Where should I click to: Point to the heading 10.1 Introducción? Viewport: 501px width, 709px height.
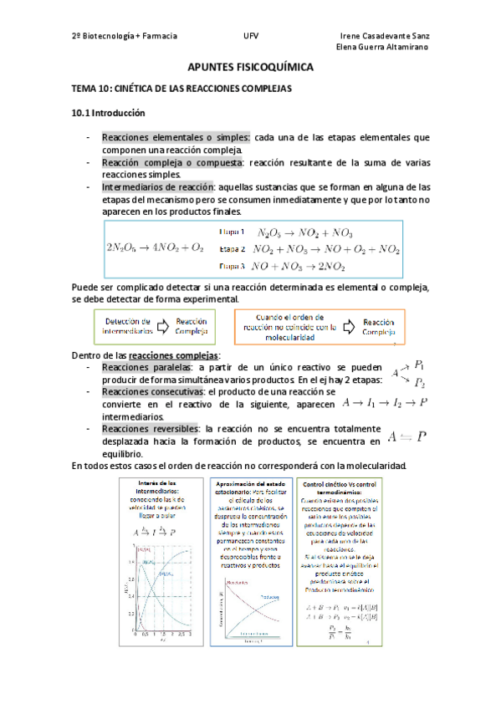click(x=109, y=112)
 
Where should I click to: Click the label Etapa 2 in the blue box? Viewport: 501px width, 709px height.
click(x=232, y=249)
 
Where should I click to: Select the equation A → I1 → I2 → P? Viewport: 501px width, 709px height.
click(x=386, y=402)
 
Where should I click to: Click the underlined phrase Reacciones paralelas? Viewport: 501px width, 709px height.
click(x=137, y=368)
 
